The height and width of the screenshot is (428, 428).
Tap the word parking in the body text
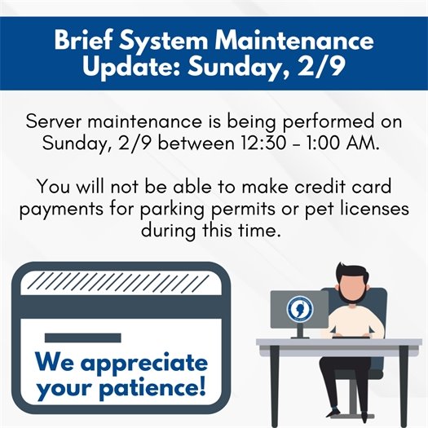click(163, 209)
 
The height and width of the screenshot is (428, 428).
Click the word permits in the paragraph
click(236, 209)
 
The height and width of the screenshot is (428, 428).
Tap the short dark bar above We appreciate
click(71, 337)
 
